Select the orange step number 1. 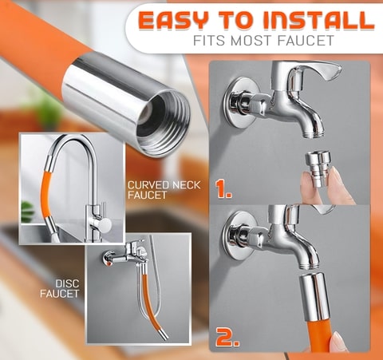tap(226, 190)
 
